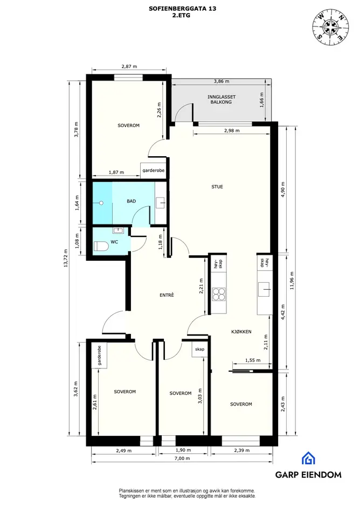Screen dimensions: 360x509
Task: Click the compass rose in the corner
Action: tap(331, 26)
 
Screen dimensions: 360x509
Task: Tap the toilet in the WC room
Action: tap(100, 246)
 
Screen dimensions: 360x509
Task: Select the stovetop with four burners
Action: tap(219, 295)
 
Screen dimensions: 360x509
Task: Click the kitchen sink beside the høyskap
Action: tap(264, 289)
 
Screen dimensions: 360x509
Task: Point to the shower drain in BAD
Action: tap(101, 203)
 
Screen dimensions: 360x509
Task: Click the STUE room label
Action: tap(217, 187)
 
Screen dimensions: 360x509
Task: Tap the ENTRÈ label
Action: tap(167, 295)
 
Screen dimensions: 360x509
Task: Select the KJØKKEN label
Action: tap(241, 332)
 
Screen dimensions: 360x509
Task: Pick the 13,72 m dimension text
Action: tap(65, 258)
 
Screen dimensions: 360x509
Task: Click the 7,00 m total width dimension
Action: tap(182, 458)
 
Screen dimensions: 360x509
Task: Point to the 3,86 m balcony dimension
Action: tap(221, 81)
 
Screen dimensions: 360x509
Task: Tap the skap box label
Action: tap(199, 349)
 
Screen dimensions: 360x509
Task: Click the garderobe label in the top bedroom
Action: tap(154, 170)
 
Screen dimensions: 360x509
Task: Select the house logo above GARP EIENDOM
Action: tap(308, 458)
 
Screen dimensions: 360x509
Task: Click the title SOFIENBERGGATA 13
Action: tap(182, 9)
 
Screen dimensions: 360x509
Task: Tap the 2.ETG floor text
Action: tap(182, 15)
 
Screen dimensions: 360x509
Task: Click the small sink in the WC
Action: tap(117, 230)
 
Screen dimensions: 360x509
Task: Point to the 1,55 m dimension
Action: tap(253, 360)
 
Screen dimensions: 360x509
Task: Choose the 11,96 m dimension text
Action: tap(292, 281)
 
